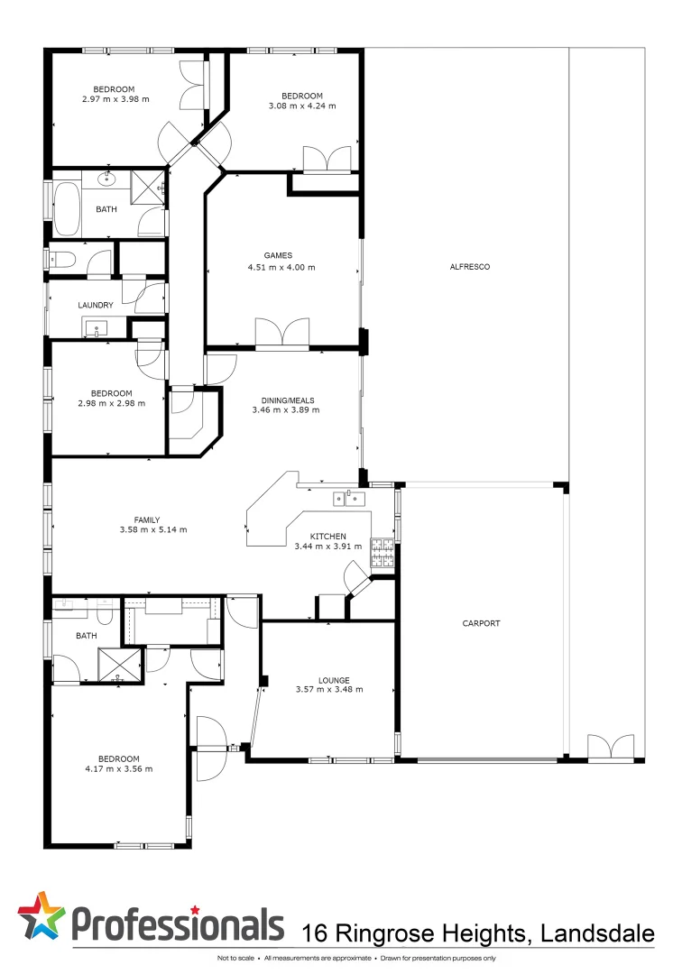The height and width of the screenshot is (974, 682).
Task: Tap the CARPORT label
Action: pyautogui.click(x=481, y=623)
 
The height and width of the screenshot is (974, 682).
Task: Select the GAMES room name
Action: pyautogui.click(x=281, y=255)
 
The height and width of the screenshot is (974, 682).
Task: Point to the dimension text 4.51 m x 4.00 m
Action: pyautogui.click(x=281, y=267)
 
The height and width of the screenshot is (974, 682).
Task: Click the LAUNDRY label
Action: pyautogui.click(x=96, y=306)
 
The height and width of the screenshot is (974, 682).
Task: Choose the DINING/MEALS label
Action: pyautogui.click(x=285, y=398)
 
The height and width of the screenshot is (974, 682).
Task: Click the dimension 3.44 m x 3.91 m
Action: pyautogui.click(x=327, y=546)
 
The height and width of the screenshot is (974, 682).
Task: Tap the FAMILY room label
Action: pyautogui.click(x=146, y=519)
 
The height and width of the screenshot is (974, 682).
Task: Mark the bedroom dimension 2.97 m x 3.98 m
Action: pyautogui.click(x=115, y=99)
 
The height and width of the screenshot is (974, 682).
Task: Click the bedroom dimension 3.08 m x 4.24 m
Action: pyautogui.click(x=301, y=106)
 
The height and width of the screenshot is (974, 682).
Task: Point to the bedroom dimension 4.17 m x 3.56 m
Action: pyautogui.click(x=118, y=768)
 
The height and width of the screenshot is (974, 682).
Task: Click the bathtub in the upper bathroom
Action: pyautogui.click(x=68, y=208)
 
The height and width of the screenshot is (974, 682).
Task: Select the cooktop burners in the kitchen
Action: pyautogui.click(x=382, y=551)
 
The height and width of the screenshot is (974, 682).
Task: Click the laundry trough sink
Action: pyautogui.click(x=96, y=326)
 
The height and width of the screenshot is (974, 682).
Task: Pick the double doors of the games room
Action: pyautogui.click(x=282, y=334)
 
